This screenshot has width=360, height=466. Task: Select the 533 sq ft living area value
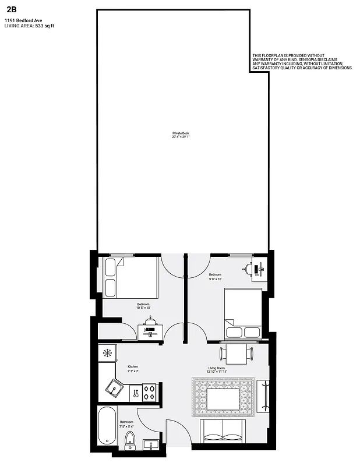(x=44, y=26)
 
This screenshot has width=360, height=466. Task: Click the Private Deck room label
(x=181, y=133)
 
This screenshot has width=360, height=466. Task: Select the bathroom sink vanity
(x=151, y=446)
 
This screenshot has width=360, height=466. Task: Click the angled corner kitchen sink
(x=114, y=387)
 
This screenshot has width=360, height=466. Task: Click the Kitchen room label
(x=133, y=366)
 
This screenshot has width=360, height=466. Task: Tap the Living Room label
(x=217, y=368)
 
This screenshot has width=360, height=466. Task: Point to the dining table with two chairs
(x=237, y=353)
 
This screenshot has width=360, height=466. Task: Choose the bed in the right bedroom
(x=242, y=313)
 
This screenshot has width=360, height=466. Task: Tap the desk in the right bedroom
(x=257, y=270)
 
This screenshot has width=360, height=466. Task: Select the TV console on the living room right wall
(x=263, y=396)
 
